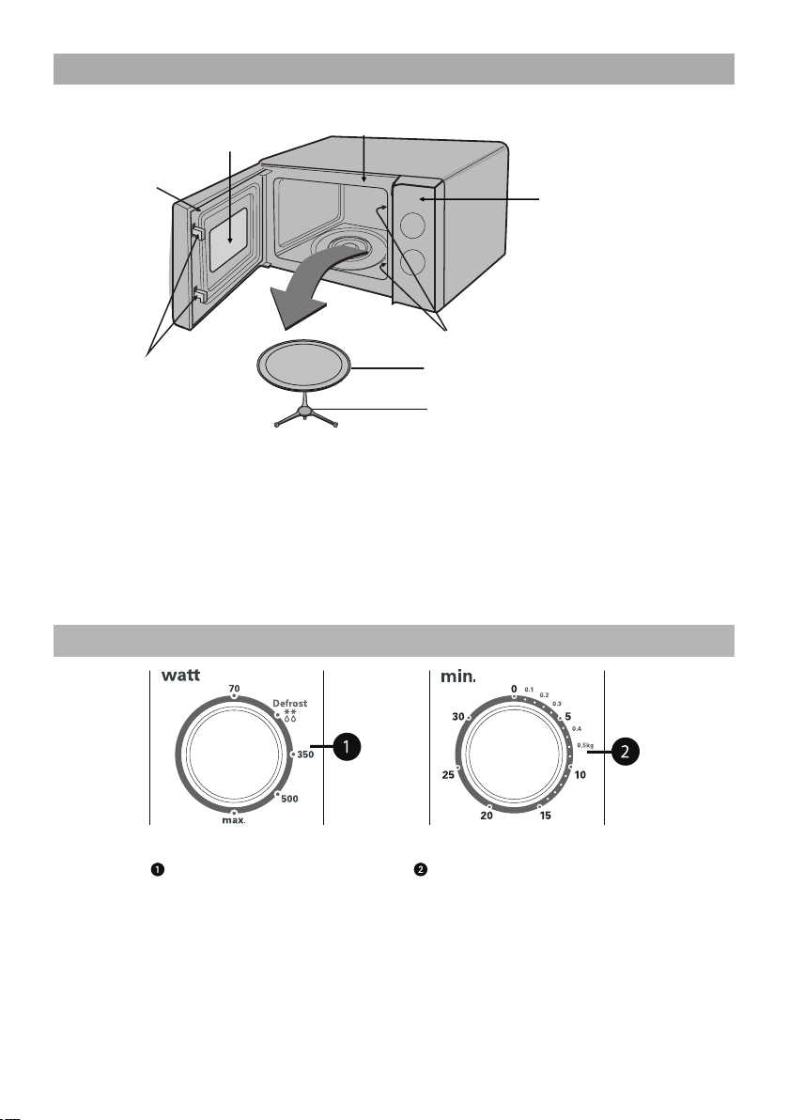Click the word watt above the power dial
pyautogui.click(x=182, y=675)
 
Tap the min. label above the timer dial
pyautogui.click(x=455, y=675)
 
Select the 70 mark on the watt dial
pyautogui.click(x=234, y=689)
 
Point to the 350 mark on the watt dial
pyautogui.click(x=305, y=754)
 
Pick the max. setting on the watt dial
pyautogui.click(x=232, y=820)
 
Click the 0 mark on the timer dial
pyautogui.click(x=514, y=689)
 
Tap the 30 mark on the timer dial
pyautogui.click(x=459, y=717)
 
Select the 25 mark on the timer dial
pyautogui.click(x=448, y=775)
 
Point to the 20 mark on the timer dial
pyautogui.click(x=487, y=816)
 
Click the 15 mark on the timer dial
pyautogui.click(x=545, y=816)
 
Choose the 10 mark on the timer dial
pyautogui.click(x=580, y=775)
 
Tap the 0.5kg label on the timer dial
pyautogui.click(x=585, y=745)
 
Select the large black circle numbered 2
pyautogui.click(x=625, y=749)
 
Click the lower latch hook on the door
pyautogui.click(x=200, y=297)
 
